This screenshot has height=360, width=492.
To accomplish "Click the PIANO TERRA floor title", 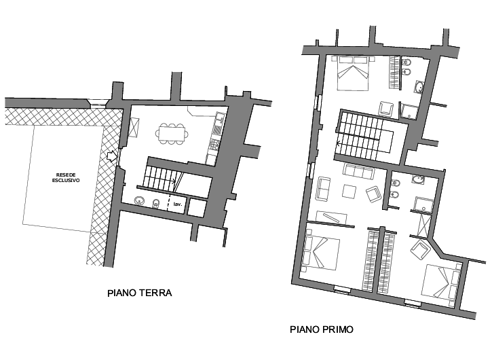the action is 140,293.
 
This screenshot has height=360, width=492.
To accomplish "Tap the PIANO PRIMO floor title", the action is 322,329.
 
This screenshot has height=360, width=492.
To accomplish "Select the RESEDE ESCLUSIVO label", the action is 66,177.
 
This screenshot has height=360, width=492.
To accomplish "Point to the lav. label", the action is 178,204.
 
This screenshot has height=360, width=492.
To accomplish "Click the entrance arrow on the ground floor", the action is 111,156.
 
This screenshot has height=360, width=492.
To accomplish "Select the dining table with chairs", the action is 172,134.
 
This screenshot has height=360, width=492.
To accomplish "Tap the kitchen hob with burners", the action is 214,144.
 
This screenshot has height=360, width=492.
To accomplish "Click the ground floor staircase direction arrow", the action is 172,181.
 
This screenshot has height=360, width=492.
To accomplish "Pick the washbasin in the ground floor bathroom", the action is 139,200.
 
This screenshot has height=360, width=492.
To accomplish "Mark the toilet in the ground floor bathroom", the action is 155,204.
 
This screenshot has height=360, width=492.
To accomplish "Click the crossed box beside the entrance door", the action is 134,127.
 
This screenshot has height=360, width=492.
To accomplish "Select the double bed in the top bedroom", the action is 354,73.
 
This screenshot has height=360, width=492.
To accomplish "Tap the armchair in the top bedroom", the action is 385,109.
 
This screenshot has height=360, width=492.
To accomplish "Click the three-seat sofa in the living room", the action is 359,171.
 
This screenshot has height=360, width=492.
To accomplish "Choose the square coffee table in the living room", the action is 349,192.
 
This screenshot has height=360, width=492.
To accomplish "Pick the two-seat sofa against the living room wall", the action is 323,188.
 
